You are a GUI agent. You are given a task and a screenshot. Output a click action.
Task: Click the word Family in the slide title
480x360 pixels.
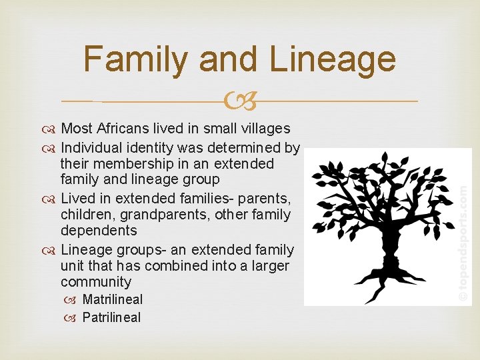pos(136,59)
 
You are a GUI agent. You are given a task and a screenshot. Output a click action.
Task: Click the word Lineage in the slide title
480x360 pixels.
pos(333,59)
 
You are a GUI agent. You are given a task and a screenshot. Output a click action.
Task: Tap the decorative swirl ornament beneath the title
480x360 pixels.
pos(240,102)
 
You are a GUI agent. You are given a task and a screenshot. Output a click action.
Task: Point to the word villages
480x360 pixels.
pos(265,129)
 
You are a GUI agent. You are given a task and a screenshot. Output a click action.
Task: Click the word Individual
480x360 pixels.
pos(91,147)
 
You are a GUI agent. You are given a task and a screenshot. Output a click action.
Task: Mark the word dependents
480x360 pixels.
pos(99,231)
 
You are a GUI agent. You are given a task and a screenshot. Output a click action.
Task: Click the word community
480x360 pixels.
pos(96,282)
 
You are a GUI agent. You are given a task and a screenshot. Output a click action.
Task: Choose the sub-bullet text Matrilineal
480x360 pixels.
pos(112,300)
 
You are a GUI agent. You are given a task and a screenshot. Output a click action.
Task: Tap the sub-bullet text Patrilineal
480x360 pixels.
pos(111,317)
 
